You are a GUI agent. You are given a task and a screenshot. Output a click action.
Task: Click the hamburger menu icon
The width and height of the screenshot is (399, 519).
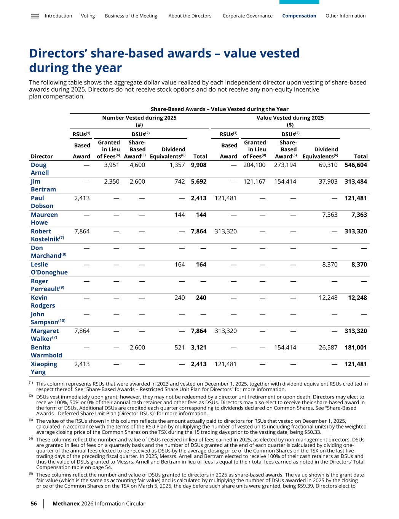(35, 16)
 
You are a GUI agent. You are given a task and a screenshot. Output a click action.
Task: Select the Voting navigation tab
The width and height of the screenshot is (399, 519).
(88, 16)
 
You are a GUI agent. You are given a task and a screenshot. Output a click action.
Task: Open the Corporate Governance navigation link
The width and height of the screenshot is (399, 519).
(247, 16)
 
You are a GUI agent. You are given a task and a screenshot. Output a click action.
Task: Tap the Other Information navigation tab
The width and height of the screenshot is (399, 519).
(345, 16)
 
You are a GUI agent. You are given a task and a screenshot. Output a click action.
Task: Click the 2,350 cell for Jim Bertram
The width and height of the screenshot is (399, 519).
(112, 182)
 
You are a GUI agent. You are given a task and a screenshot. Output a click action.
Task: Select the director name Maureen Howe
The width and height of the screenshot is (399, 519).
(44, 219)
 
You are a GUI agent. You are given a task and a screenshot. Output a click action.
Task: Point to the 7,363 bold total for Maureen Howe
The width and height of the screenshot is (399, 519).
(359, 215)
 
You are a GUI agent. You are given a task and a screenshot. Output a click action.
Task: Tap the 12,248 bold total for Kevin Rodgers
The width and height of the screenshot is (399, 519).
(358, 298)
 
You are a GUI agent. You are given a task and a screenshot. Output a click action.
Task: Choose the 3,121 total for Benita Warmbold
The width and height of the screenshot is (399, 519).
(199, 348)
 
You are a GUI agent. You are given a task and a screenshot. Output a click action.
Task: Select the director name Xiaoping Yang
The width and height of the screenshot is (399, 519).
(44, 368)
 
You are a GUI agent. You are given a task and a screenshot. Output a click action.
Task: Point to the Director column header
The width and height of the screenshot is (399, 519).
(42, 156)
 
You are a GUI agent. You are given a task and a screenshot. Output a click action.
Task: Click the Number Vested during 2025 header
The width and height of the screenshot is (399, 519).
(139, 118)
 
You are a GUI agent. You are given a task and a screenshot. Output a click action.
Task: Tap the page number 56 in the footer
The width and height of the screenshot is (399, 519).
(34, 504)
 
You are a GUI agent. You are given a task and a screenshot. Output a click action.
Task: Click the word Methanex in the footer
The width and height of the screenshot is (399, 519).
(66, 504)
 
